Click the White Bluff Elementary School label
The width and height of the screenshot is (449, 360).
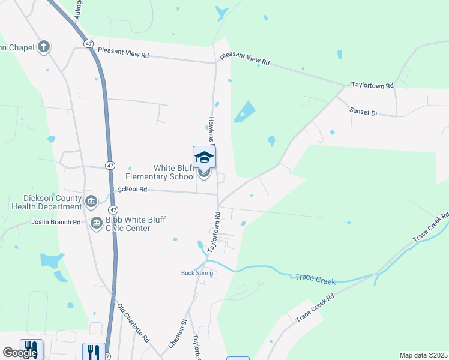(x=160, y=172)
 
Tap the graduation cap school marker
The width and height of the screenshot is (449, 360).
(x=204, y=157)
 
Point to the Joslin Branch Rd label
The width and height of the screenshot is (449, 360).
(x=56, y=222)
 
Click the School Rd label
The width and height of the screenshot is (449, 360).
(x=132, y=188)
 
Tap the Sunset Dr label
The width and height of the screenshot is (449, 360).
(x=364, y=112)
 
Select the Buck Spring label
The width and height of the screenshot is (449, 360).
(x=196, y=273)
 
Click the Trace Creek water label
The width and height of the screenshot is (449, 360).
(x=314, y=280)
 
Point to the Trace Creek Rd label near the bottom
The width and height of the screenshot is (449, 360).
(x=314, y=306)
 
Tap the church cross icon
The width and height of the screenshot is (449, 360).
(x=43, y=46)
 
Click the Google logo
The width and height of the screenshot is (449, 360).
(x=20, y=353)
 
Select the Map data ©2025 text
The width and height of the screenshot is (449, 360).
(x=423, y=355)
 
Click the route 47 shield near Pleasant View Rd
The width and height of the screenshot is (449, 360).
(x=89, y=44)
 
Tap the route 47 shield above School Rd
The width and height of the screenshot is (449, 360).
(x=109, y=165)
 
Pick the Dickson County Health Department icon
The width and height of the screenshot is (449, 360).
(x=91, y=200)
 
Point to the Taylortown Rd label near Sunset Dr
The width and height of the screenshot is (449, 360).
(x=372, y=86)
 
